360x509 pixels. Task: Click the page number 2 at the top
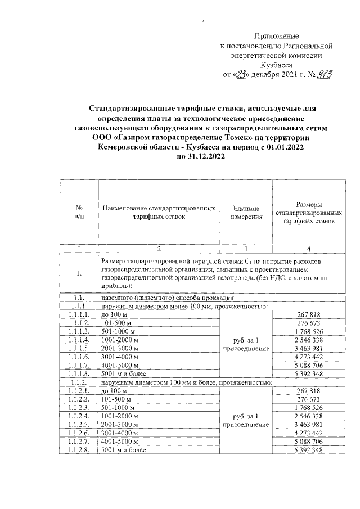pos(204,21)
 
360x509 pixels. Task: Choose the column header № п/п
pos(79,211)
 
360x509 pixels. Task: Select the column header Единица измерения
pos(245,211)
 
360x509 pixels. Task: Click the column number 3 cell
pos(245,249)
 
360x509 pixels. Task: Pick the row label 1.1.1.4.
pos(79,340)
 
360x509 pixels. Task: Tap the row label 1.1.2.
pos(79,382)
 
